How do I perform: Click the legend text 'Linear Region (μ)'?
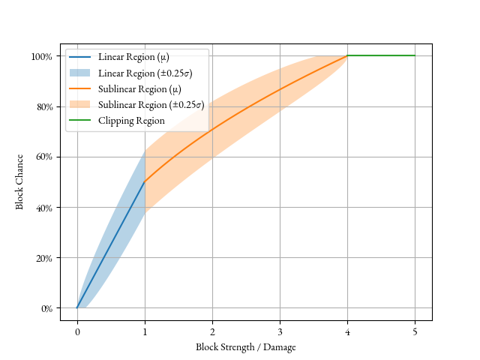coord(133,58)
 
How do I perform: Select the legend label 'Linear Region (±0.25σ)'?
coord(145,73)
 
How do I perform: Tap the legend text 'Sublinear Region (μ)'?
coord(139,89)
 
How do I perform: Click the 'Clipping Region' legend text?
coord(131,121)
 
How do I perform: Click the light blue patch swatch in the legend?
coord(79,73)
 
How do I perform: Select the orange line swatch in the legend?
coord(79,89)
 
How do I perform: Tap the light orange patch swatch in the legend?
coord(79,105)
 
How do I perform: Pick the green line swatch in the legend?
coord(79,121)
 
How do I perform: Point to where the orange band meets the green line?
coord(347,56)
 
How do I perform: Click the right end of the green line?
coord(415,55)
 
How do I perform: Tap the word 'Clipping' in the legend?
coord(115,121)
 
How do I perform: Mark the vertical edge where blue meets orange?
coord(145,180)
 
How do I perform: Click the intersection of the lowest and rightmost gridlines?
coord(415,307)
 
